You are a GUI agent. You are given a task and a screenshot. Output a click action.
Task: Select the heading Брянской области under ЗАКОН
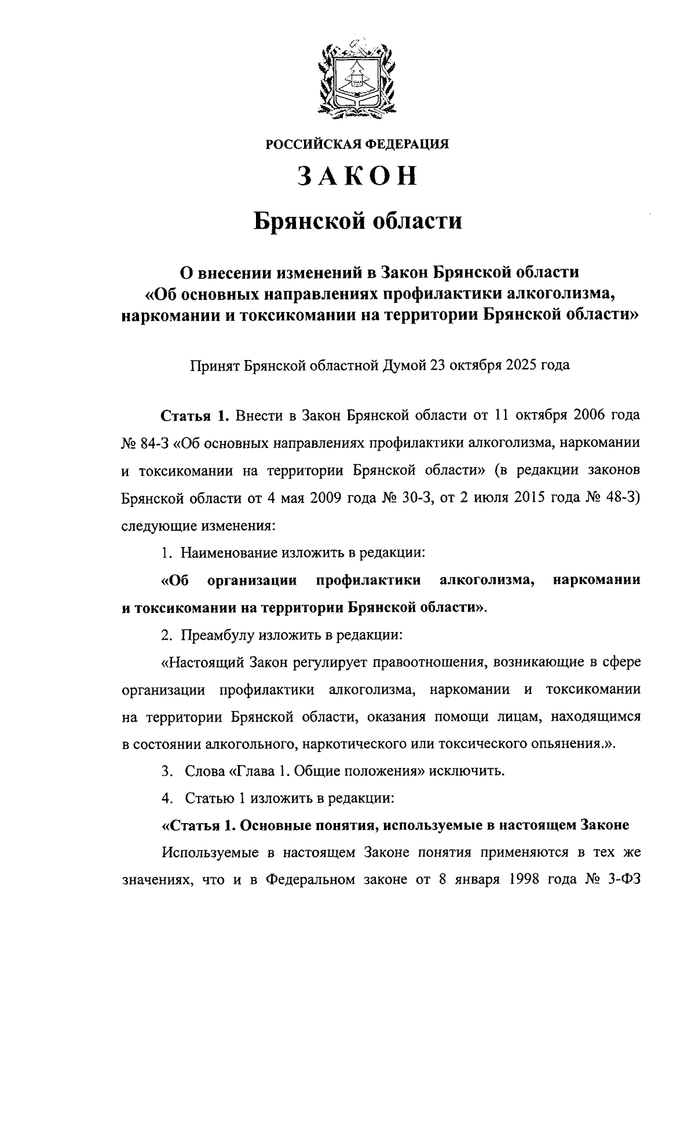358,221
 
